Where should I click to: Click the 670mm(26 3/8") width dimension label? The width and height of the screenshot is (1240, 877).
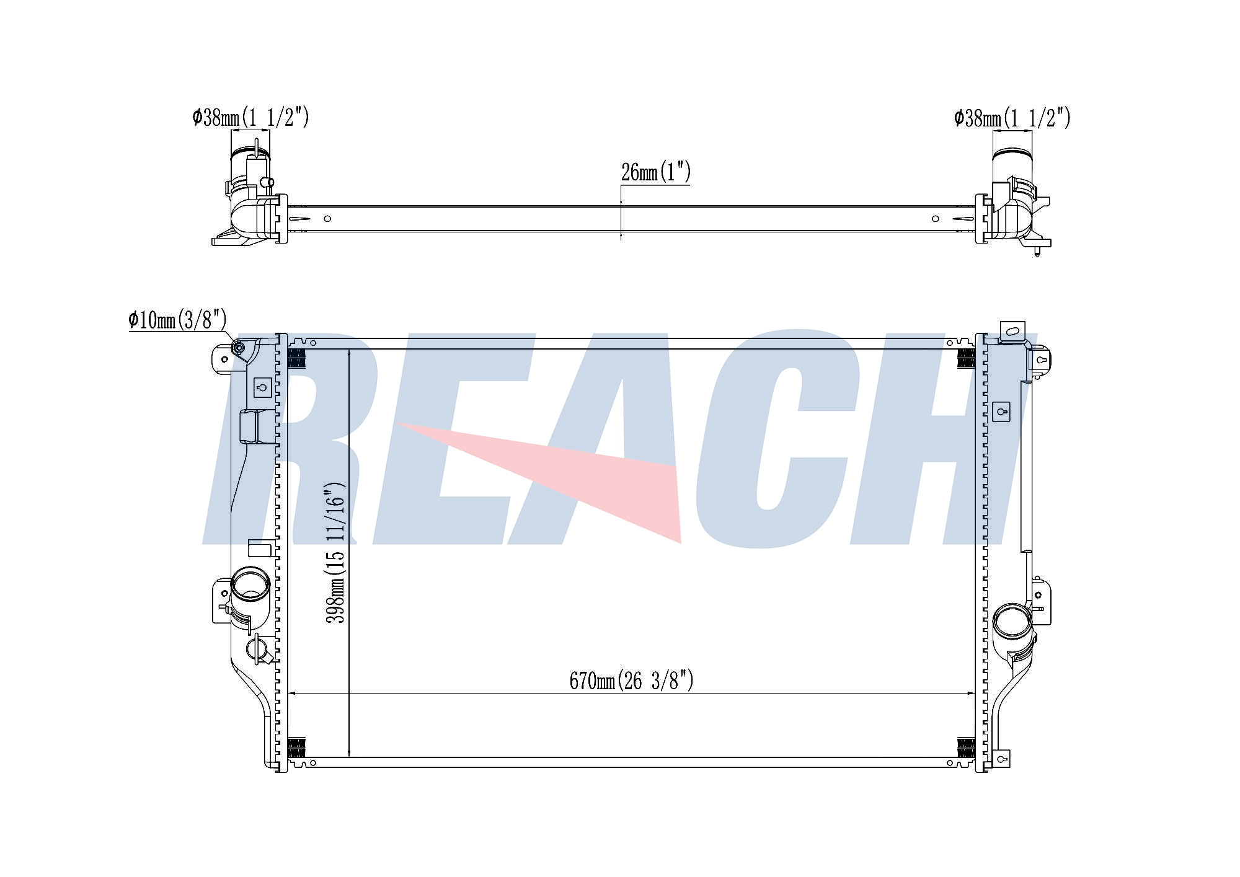point(631,681)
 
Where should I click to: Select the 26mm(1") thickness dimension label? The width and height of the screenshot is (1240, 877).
point(655,172)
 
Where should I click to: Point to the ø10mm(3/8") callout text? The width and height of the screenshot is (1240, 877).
point(178,320)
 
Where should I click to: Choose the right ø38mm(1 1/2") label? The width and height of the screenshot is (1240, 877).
point(1012,117)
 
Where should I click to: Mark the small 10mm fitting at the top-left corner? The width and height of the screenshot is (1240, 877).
point(238,350)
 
